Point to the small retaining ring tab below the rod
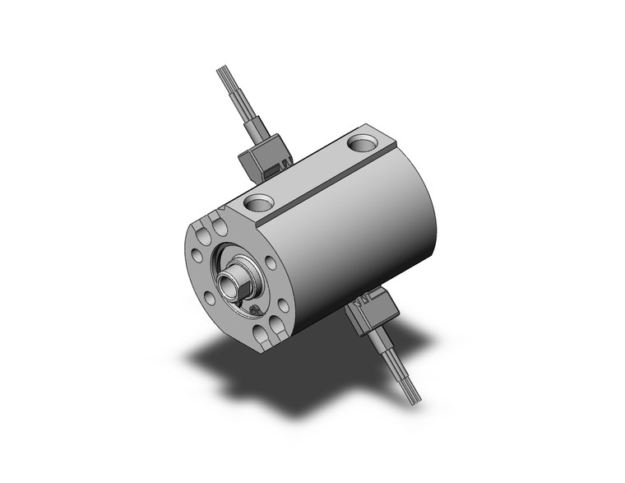click(x=256, y=310)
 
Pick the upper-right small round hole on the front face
click(x=270, y=262)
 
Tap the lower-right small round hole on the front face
click(x=282, y=305)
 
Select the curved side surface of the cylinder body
click(x=362, y=239)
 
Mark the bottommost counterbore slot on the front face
click(x=262, y=333)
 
